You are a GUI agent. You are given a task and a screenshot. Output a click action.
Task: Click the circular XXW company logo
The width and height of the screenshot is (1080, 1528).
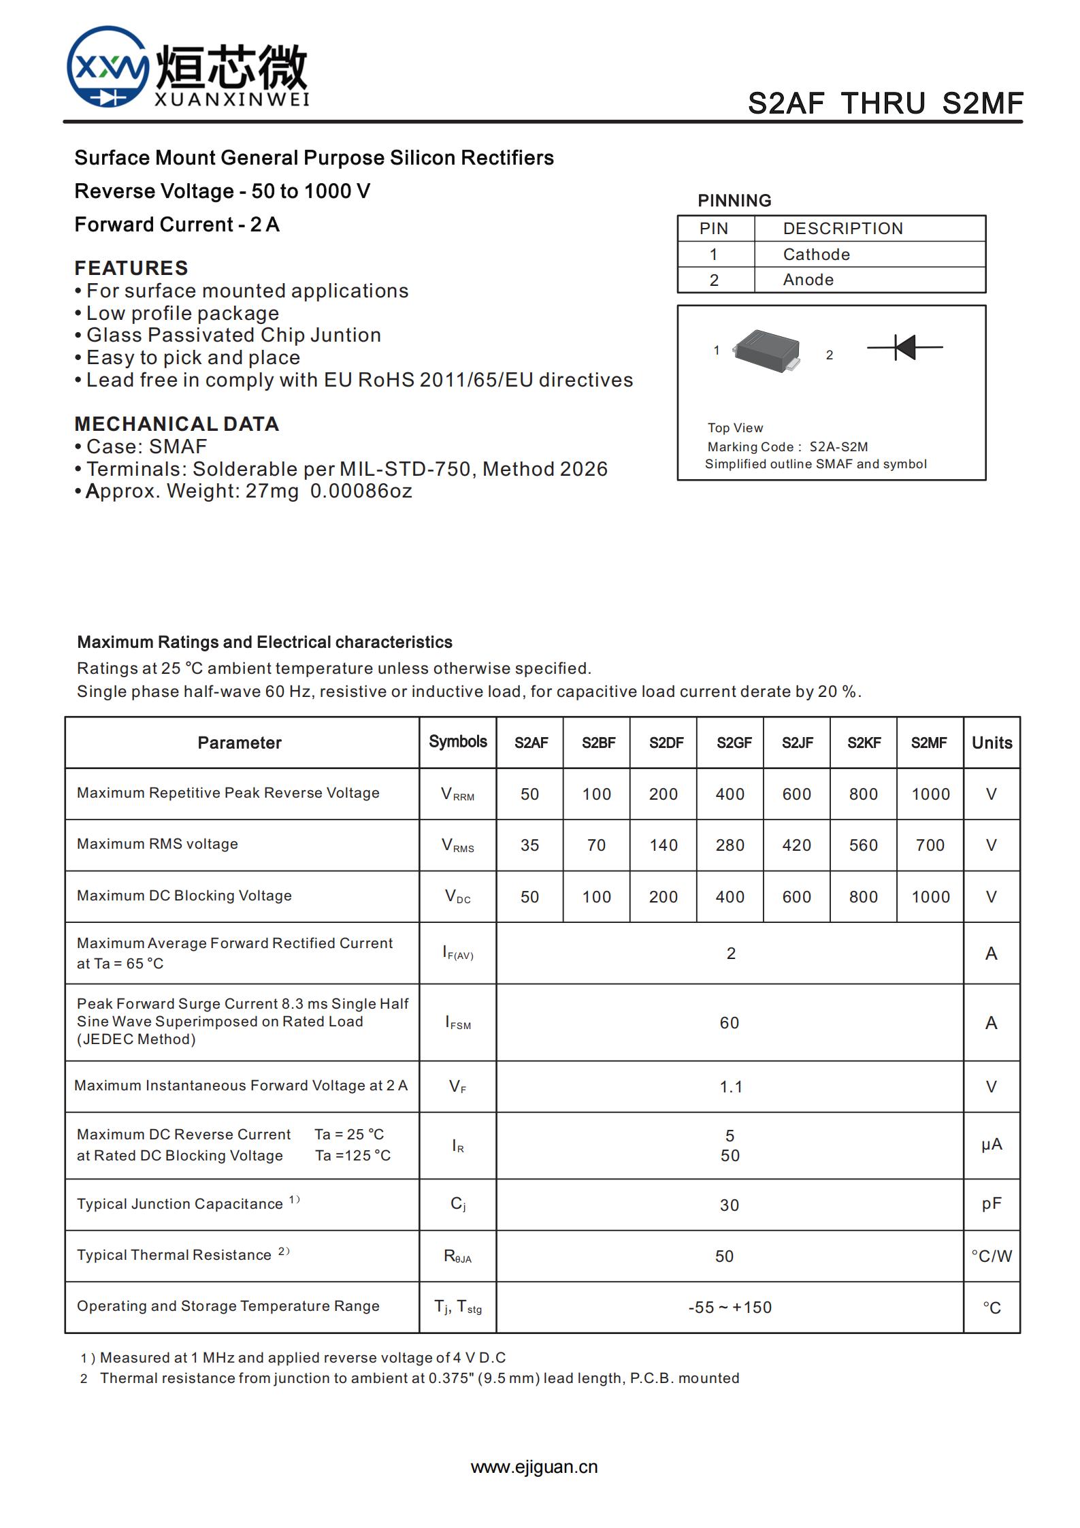coord(108,67)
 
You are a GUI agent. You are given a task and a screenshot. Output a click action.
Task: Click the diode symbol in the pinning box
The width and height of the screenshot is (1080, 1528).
coord(904,347)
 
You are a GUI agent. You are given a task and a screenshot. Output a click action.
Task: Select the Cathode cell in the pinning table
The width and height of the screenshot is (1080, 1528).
coord(816,255)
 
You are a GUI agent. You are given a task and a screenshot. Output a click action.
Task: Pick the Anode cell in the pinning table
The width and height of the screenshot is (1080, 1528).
coord(808,280)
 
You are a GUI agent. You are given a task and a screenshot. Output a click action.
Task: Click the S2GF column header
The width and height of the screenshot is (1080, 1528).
coord(734,743)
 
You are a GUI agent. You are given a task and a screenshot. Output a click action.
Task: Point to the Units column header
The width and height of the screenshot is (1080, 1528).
coord(992,743)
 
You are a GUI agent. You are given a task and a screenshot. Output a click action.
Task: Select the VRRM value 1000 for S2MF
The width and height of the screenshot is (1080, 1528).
coord(930,794)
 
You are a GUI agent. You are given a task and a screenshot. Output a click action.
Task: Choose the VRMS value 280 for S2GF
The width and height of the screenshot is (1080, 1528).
coord(730,845)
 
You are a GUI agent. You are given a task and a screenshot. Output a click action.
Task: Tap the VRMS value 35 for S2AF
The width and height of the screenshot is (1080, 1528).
coord(529,845)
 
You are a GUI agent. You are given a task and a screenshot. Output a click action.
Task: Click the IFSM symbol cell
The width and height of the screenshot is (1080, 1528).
coord(458,1022)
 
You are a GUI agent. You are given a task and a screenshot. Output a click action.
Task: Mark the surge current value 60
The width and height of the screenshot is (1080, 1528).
coord(730,1022)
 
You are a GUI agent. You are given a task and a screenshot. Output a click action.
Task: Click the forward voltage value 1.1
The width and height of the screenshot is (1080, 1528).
coord(731,1087)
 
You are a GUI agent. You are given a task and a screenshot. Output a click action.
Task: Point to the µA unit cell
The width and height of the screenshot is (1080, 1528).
coord(992,1145)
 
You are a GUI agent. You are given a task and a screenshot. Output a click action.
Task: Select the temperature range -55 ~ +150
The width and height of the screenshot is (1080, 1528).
coord(730,1307)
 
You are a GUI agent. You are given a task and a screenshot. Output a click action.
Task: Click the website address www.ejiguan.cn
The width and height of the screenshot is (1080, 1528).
coord(534,1467)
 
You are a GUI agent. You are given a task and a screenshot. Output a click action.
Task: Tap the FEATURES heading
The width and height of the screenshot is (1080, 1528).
coord(131,267)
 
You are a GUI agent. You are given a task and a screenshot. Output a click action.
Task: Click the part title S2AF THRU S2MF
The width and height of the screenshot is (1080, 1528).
coord(885,103)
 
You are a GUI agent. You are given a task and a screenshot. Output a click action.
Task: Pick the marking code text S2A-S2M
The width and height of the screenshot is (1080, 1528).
coord(838,447)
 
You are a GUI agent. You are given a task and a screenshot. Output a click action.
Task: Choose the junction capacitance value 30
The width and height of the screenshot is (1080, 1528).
coord(730,1205)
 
